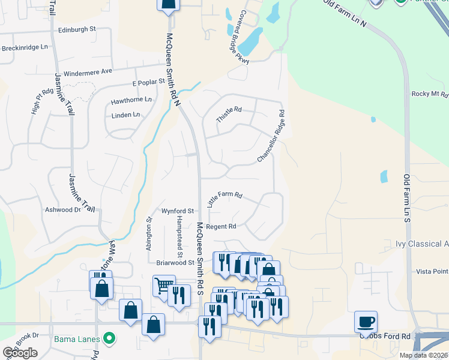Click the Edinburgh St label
pos(77,29)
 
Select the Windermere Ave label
pos(88,71)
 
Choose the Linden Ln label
pos(126,115)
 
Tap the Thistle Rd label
pos(229,113)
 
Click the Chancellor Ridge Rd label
pos(270,136)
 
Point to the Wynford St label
pos(177,211)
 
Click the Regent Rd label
pos(221,227)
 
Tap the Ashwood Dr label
pos(63,210)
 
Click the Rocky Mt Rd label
pos(429,94)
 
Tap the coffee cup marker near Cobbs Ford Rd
pos(366,322)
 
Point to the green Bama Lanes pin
pos(109,339)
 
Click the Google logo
pos(20,353)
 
